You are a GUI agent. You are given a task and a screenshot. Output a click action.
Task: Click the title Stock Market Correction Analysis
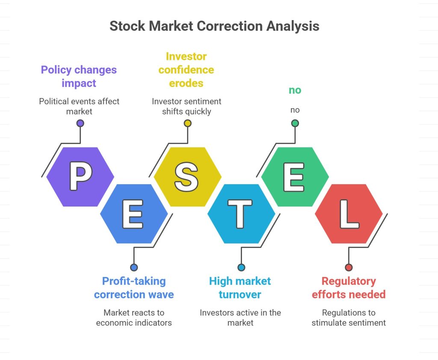(214, 26)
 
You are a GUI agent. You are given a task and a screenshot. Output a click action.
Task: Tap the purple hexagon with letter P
(80, 177)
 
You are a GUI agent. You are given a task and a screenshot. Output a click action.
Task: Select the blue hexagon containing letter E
(134, 214)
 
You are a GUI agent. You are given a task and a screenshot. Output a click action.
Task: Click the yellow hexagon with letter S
(188, 177)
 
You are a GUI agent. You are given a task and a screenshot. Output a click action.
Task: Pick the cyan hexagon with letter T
(241, 214)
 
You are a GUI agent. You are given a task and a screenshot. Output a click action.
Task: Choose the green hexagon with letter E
(295, 177)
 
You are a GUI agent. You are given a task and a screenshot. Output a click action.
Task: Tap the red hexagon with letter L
(349, 214)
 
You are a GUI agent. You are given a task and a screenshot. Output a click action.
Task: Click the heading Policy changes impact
(79, 77)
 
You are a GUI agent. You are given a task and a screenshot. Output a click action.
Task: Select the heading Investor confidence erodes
(186, 70)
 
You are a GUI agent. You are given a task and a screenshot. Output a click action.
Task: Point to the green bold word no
(295, 90)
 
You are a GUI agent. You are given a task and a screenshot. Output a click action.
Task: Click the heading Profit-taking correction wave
(134, 288)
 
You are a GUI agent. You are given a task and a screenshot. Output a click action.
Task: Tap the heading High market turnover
(240, 288)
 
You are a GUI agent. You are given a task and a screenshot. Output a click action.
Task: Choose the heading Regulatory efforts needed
(349, 288)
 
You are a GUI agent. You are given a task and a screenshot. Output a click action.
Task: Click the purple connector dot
(80, 123)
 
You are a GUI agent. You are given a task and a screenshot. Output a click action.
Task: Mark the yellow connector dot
(188, 123)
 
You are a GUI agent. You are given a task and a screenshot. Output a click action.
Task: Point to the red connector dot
(349, 268)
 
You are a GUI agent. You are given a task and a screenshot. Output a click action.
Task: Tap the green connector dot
(295, 123)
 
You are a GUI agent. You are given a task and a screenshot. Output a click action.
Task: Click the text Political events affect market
(79, 106)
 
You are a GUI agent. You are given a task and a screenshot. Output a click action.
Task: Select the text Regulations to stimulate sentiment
(349, 318)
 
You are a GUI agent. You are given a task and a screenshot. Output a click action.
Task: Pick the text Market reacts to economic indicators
(134, 318)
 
